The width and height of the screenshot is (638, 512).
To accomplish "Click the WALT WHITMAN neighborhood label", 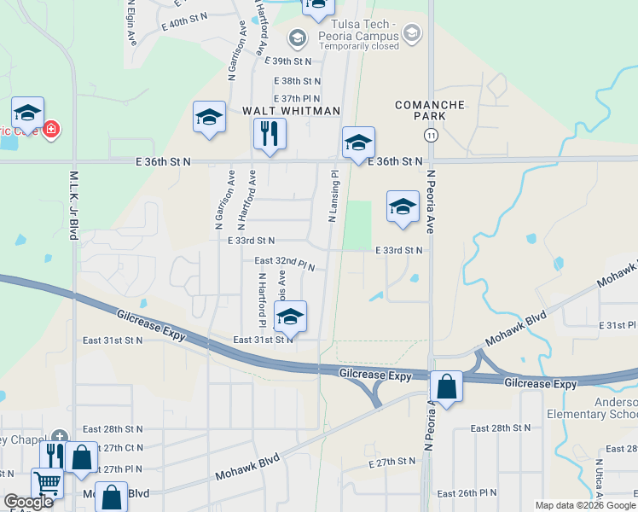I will tap(291, 111).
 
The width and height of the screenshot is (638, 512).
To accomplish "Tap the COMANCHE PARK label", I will tap(429, 110).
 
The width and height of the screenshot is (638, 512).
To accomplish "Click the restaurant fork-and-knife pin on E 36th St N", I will tap(270, 134).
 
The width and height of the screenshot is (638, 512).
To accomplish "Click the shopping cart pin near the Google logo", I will tap(48, 485).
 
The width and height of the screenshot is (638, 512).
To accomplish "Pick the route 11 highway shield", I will tap(431, 136).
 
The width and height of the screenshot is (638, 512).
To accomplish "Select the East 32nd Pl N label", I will tap(285, 261).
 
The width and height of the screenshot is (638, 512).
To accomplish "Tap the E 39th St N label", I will tap(288, 61).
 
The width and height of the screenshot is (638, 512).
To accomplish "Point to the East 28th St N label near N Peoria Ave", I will tap(501, 428).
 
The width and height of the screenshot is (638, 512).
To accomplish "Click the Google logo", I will tap(29, 502).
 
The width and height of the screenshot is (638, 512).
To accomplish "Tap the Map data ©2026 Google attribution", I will tap(586, 505).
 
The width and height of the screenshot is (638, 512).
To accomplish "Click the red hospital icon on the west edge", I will tap(51, 130).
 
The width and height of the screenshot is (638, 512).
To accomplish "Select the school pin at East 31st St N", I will tap(290, 317).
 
